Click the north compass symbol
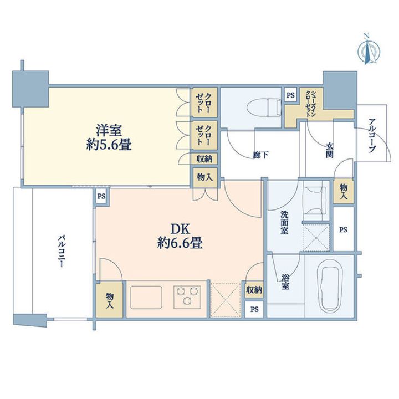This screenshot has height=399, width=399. click(x=369, y=50)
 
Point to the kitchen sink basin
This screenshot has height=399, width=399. click(x=146, y=298)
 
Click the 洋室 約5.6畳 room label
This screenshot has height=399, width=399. click(x=109, y=137)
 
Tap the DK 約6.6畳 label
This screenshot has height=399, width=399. click(x=180, y=236)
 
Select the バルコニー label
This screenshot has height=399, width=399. click(x=62, y=252)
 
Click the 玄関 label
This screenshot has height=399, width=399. click(x=329, y=150)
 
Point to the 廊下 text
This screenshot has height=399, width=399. click(x=261, y=155)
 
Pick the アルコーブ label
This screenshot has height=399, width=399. click(x=372, y=135)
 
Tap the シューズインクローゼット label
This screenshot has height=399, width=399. click(x=311, y=103)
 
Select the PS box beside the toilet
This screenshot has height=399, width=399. click(x=290, y=95)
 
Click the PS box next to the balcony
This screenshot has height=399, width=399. click(x=101, y=196)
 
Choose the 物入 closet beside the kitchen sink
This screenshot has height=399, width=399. click(x=110, y=300)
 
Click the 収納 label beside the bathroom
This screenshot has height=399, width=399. click(x=254, y=290)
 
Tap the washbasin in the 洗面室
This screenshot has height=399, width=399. click(x=315, y=200)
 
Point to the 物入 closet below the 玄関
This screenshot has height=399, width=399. click(x=343, y=192)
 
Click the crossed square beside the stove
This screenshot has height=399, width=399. click(x=226, y=299)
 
